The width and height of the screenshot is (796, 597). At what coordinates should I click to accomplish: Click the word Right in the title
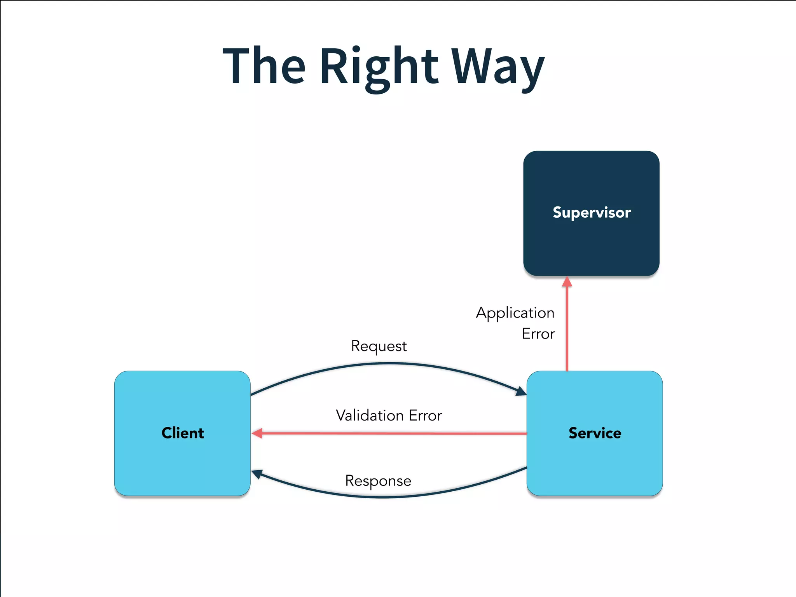click(379, 67)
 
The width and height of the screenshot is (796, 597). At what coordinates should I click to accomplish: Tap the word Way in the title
click(497, 67)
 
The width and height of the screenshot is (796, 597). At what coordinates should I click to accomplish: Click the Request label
click(379, 346)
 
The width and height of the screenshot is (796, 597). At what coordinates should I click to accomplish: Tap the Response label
click(378, 481)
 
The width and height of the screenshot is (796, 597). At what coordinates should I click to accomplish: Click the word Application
click(515, 313)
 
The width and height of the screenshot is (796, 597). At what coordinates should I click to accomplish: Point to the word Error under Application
click(538, 334)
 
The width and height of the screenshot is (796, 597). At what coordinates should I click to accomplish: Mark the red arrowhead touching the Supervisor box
click(567, 282)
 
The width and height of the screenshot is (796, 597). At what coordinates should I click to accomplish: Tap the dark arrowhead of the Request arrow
click(521, 391)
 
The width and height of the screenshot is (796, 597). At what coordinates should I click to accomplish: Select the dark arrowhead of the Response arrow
click(257, 474)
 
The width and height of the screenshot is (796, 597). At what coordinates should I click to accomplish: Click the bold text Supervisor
click(591, 213)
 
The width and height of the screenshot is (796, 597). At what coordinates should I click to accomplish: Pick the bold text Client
click(182, 433)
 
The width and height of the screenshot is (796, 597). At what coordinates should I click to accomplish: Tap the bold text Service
click(595, 433)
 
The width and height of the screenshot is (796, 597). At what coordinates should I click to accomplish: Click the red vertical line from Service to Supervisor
click(567, 330)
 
